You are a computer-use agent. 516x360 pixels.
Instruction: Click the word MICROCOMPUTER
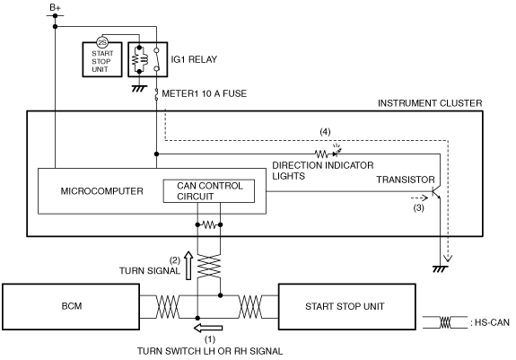(x=101, y=191)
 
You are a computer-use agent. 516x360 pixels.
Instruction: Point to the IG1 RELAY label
(x=194, y=59)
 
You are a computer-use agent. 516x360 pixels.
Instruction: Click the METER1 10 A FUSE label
(x=204, y=93)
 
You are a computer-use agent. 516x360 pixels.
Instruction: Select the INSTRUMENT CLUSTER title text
(x=430, y=103)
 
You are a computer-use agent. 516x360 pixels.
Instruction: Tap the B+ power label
(x=55, y=7)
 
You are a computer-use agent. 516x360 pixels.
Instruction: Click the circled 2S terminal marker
(x=102, y=42)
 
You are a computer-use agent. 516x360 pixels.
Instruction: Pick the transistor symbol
(x=436, y=192)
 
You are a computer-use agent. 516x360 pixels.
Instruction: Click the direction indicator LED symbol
(x=337, y=152)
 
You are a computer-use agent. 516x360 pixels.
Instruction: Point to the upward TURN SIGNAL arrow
(x=188, y=266)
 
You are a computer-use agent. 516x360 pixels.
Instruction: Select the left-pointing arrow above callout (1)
(x=208, y=328)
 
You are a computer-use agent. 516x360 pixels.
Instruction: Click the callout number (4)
(x=325, y=132)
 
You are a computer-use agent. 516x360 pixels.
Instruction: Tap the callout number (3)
(x=418, y=208)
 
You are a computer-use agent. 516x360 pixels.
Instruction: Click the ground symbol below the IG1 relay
(x=139, y=88)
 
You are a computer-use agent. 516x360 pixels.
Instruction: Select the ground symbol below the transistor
(x=440, y=268)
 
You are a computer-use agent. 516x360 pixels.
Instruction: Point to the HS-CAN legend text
(x=490, y=322)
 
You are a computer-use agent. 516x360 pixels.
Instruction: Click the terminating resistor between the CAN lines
(x=209, y=225)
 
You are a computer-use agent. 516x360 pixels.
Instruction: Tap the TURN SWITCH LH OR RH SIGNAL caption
(x=210, y=351)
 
